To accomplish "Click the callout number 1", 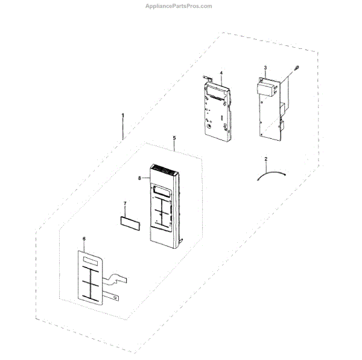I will pyautogui.click(x=122, y=114).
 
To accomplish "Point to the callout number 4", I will pyautogui.click(x=221, y=73).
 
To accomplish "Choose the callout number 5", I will pyautogui.click(x=174, y=138).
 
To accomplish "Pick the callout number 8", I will pyautogui.click(x=139, y=178).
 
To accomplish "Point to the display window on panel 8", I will pyautogui.click(x=161, y=191).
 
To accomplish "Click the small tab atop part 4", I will pyautogui.click(x=206, y=77).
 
